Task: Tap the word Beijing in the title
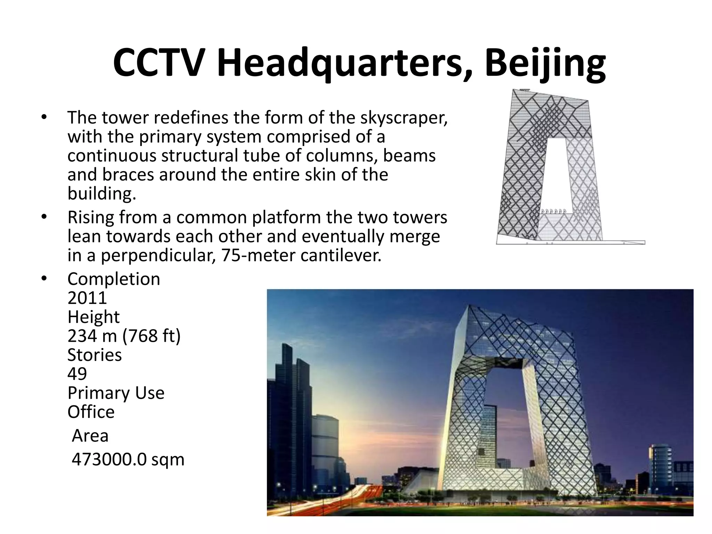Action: pyautogui.click(x=545, y=63)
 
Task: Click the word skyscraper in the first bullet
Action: pyautogui.click(x=403, y=118)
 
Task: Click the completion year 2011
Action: pyautogui.click(x=87, y=298)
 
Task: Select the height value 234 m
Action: pyautogui.click(x=92, y=336)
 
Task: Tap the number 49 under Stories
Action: pyautogui.click(x=77, y=374)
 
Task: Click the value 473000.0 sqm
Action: pyautogui.click(x=128, y=459)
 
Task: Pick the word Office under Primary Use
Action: pyautogui.click(x=91, y=412)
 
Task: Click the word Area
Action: pyautogui.click(x=90, y=436)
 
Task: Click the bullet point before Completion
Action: pyautogui.click(x=44, y=279)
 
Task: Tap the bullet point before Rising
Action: pyautogui.click(x=44, y=217)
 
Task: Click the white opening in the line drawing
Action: pyautogui.click(x=558, y=174)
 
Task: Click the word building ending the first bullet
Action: pyautogui.click(x=101, y=194)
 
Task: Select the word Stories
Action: pyautogui.click(x=95, y=355)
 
